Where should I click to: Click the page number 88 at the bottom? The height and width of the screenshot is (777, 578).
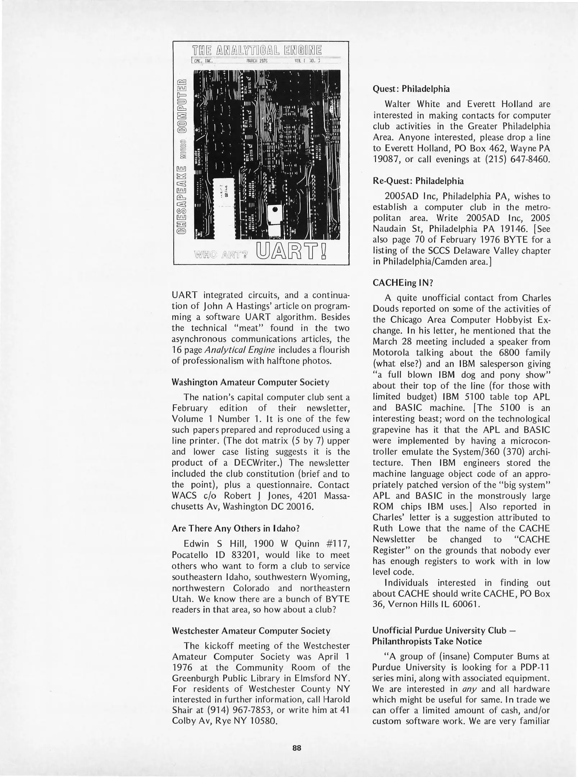click(x=297, y=748)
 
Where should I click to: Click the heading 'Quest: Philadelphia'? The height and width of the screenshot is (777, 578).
click(x=411, y=89)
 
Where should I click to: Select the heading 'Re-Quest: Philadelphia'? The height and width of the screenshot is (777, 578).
click(x=418, y=181)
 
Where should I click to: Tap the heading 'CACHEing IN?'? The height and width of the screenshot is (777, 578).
click(x=402, y=283)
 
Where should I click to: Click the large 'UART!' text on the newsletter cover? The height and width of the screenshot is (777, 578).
click(x=292, y=252)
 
